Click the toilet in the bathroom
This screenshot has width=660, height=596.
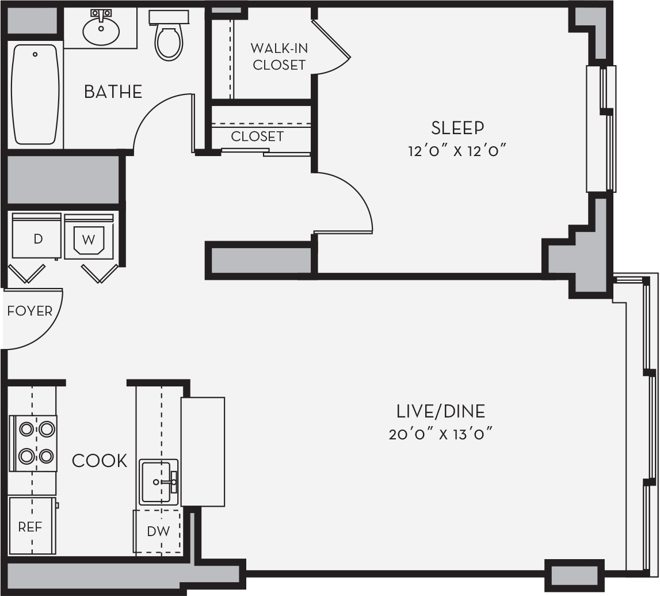tap(169, 35)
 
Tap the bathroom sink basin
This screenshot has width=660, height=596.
tap(101, 29)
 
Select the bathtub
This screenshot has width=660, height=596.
tap(35, 94)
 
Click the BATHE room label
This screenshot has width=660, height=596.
tap(113, 92)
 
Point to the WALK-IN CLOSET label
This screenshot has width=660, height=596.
tap(279, 56)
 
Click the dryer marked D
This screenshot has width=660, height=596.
tap(37, 236)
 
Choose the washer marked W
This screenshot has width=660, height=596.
tap(89, 236)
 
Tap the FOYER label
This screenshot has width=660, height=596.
tap(30, 312)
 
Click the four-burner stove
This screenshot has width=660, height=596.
tap(33, 443)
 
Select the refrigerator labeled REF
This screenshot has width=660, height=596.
tap(33, 526)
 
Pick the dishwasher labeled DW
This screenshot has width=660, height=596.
tap(158, 531)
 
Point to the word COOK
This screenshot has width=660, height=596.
tap(100, 461)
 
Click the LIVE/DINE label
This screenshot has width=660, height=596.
tap(441, 412)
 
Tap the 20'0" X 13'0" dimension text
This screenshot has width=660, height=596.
tap(441, 434)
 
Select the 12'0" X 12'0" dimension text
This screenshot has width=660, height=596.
tap(457, 150)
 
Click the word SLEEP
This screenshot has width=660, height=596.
tap(457, 128)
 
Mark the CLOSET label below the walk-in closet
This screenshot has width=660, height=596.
tap(257, 136)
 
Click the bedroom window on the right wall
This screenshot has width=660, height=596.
tap(601, 129)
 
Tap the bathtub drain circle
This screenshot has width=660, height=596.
tap(35, 54)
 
